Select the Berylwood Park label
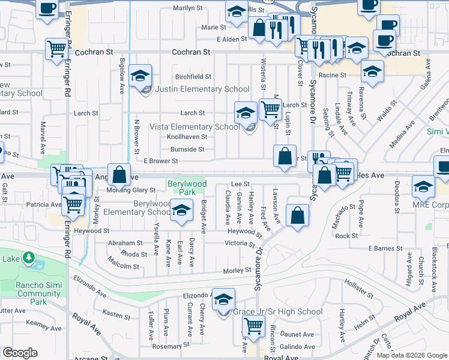coord(187,188)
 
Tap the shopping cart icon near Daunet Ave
coord(254,327)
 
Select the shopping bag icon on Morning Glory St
coord(119,176)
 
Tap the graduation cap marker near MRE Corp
coord(424,187)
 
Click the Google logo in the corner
coord(20,353)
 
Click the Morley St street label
coord(238,271)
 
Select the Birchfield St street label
coord(193,77)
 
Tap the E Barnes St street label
coord(385,248)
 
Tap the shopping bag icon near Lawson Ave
coord(297,215)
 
